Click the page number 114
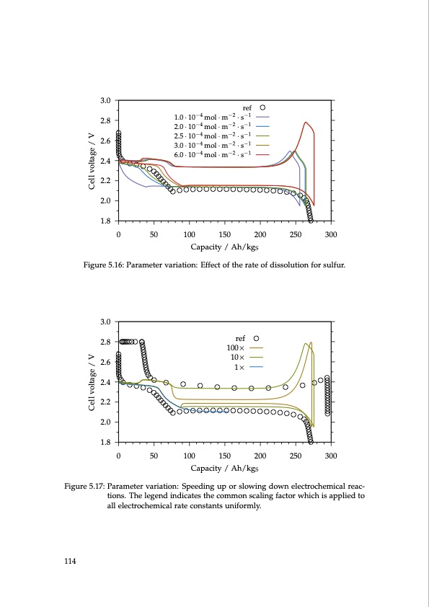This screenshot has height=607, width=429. [x=70, y=561]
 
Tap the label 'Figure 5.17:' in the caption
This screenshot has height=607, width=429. [x=84, y=486]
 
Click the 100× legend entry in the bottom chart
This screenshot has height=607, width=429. [x=236, y=347]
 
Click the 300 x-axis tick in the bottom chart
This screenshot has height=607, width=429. [x=331, y=455]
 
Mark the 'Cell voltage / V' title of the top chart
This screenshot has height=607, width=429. [x=92, y=160]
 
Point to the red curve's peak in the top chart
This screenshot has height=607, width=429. [x=306, y=123]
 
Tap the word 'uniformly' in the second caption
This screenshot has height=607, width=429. [x=240, y=505]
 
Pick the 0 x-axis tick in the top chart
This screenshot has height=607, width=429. [x=118, y=234]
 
